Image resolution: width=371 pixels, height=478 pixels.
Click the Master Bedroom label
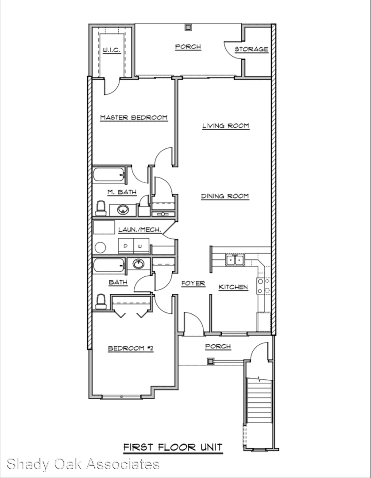pos(134,117)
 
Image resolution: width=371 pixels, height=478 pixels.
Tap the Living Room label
pos(226,126)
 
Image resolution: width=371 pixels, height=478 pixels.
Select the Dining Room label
pos(225,196)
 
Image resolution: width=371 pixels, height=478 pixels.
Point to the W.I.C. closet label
pos(111,50)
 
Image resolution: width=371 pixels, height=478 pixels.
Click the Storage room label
pos(251,49)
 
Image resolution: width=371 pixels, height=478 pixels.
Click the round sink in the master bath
pos(123,210)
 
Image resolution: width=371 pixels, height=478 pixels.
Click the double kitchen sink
pos(235,260)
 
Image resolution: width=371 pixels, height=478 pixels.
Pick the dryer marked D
pos(126,247)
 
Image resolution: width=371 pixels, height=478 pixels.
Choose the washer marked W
pos(141,247)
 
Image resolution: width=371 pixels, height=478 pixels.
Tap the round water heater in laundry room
pos(100,247)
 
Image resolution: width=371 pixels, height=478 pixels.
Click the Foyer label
pos(193,283)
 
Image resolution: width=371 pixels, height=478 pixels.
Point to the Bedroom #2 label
pos(131,348)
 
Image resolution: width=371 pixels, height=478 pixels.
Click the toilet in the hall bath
pos(101,302)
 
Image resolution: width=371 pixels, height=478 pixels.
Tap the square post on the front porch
pos(210,361)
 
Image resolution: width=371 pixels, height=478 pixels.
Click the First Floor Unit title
pos(173,447)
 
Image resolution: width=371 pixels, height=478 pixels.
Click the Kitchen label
pos(233,287)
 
